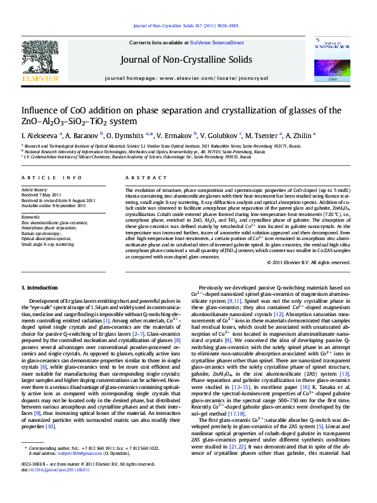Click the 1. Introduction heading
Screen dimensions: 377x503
[42, 288]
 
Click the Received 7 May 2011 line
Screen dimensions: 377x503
[41, 195]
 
